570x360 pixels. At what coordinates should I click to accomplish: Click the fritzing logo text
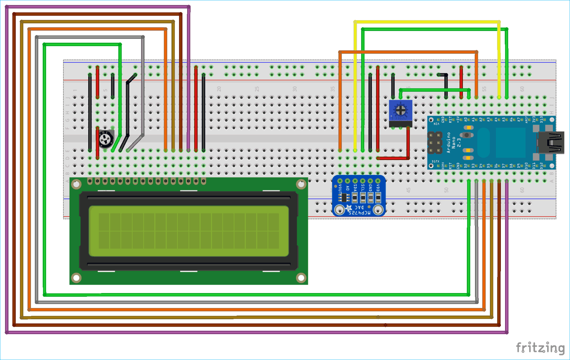[540, 347]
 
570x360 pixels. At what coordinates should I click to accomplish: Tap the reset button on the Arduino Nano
[467, 135]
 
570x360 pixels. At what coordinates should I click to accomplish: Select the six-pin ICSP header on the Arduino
[435, 143]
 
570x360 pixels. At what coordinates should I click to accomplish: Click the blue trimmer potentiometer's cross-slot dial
[401, 110]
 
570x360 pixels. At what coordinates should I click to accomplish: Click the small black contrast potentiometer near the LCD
[106, 139]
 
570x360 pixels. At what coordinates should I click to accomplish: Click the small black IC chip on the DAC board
[345, 197]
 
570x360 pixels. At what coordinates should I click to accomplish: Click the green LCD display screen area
[188, 231]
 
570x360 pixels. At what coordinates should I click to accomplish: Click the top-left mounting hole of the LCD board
[76, 184]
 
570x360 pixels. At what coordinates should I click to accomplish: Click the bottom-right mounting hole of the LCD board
[301, 278]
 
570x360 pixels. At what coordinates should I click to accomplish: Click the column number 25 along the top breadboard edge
[257, 89]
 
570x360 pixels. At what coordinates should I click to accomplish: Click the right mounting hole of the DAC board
[378, 209]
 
